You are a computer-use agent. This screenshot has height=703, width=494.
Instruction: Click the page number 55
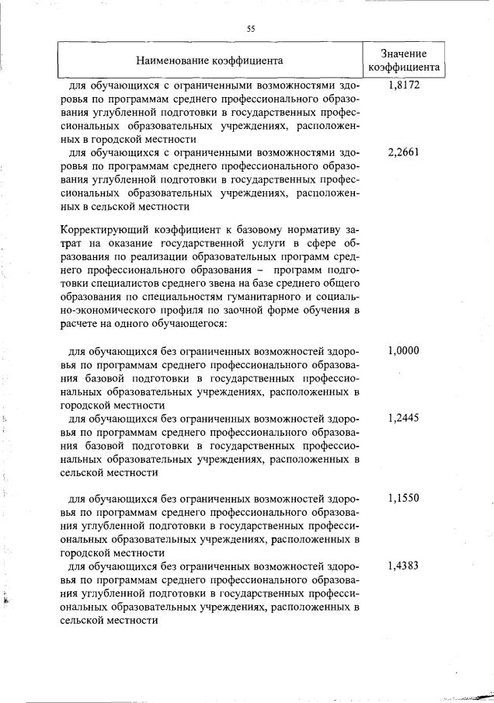tap(251, 29)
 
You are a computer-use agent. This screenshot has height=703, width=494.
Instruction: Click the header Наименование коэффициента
tap(210, 60)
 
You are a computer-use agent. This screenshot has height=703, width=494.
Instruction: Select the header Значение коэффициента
tap(404, 60)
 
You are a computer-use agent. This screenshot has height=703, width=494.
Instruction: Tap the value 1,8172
tap(404, 85)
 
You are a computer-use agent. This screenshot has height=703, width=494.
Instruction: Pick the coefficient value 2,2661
tap(404, 152)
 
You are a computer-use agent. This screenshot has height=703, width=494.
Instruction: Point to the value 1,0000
tap(404, 350)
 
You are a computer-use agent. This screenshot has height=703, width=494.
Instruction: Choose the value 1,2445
tap(404, 417)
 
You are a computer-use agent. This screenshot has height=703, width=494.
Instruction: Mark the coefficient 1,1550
tap(404, 498)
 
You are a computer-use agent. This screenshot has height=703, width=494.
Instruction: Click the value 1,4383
tap(404, 566)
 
